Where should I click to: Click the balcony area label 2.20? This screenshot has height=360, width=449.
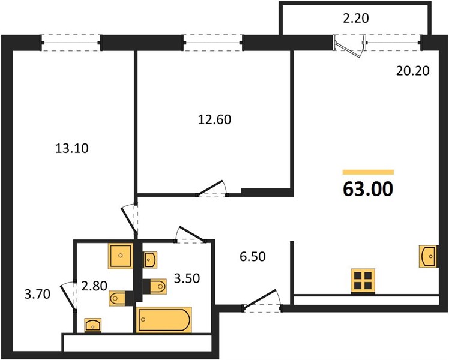(x=355, y=19)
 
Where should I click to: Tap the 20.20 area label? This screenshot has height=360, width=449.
(x=412, y=71)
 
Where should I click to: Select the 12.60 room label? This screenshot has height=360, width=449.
(x=214, y=119)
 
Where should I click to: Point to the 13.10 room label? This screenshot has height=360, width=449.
(x=72, y=149)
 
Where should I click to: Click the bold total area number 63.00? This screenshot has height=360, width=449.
(x=368, y=189)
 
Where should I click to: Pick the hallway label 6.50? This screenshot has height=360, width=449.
(x=253, y=257)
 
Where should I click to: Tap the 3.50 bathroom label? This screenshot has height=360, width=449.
(x=187, y=278)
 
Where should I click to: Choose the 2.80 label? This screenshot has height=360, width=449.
(x=94, y=286)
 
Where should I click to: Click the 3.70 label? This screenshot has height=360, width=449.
(x=37, y=294)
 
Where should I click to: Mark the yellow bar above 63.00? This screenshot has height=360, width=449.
(x=368, y=172)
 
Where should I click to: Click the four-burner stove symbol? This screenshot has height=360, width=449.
(x=363, y=281)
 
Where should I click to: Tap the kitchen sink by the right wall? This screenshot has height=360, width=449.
(x=428, y=256)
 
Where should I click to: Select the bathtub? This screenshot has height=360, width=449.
(x=164, y=320)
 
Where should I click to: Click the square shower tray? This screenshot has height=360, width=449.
(x=121, y=256)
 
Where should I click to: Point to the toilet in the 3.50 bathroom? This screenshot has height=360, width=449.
(x=155, y=286)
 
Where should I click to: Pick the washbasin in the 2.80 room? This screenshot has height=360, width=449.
(x=93, y=325)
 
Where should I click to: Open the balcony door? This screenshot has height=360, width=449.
(x=350, y=46)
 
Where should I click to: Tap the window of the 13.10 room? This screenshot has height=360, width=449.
(x=71, y=43)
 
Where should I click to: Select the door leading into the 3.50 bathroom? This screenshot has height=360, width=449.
(x=191, y=235)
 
